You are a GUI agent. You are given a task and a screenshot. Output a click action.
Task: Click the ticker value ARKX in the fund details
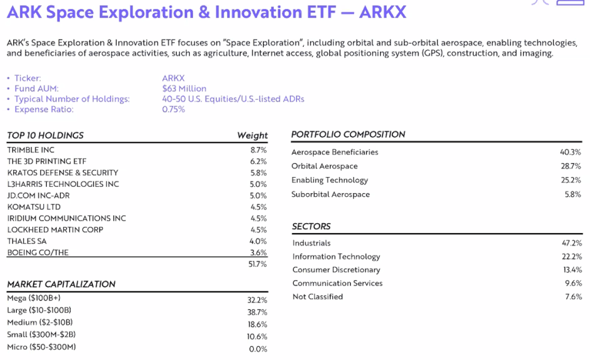[x=173, y=78]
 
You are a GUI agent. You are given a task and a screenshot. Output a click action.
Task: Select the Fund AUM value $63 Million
[x=184, y=88]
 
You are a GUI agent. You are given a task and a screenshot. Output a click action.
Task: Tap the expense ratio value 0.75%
[x=174, y=109]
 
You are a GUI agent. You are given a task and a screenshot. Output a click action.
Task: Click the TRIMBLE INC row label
[x=31, y=150]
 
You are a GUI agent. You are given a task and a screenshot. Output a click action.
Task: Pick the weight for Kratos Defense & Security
[x=258, y=173]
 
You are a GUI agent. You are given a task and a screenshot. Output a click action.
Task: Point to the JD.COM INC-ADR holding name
[x=39, y=196]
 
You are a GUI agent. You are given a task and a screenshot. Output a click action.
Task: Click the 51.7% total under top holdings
[x=257, y=264]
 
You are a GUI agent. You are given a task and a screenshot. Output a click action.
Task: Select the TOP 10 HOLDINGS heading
[x=45, y=136]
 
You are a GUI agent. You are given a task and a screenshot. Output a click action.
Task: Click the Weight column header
[x=252, y=136]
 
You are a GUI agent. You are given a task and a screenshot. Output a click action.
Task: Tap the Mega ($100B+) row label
[x=34, y=298]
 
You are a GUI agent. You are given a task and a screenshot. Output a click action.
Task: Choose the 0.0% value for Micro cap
[x=258, y=349]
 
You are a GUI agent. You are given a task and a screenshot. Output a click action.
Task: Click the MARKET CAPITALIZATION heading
[x=61, y=284]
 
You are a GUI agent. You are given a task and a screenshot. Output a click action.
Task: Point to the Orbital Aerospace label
[x=324, y=166]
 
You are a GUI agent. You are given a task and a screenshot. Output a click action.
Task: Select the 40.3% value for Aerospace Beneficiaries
[x=570, y=152]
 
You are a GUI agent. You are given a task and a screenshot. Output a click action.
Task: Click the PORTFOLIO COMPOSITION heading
[x=348, y=134]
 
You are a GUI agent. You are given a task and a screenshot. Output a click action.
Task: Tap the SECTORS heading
[x=311, y=226]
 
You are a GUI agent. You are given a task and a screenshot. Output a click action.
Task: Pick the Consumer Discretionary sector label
[x=336, y=269]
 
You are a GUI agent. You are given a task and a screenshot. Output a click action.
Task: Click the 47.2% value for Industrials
[x=572, y=243]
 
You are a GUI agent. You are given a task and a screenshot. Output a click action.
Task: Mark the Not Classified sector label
[x=318, y=297]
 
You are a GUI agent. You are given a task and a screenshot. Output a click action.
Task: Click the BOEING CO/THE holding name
[x=37, y=252]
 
